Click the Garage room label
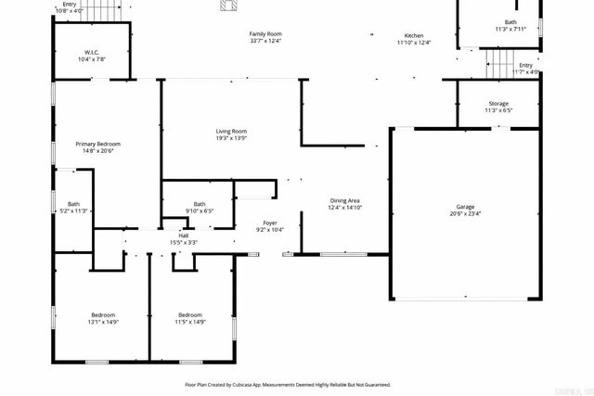coord(465,206)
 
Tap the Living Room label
coord(231,132)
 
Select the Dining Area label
coord(345,200)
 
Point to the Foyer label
coord(270,223)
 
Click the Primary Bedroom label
coord(98,144)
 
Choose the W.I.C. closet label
coord(92,52)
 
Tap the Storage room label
coord(499,104)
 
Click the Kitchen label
coord(414,36)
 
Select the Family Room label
coord(265,33)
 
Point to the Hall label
coord(184,236)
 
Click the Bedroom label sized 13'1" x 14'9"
coord(102,314)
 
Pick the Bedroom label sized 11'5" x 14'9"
coord(190,314)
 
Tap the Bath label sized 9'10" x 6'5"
coord(200,204)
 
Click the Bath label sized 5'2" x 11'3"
coord(73,204)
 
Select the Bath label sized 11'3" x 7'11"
coord(510,22)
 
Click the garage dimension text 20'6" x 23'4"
coord(465,212)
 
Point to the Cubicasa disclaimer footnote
coord(288,384)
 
